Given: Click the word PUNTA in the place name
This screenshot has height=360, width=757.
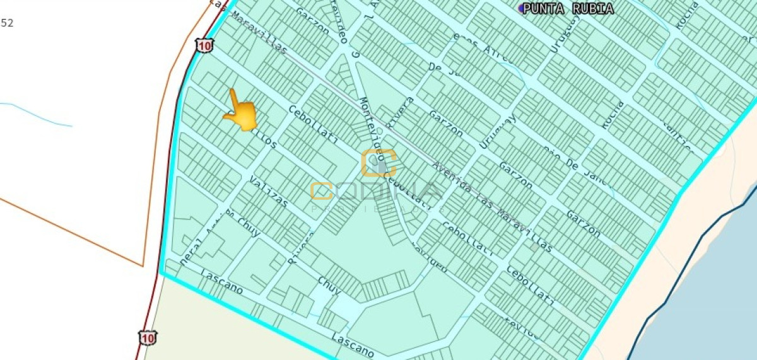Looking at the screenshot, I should point(543,8).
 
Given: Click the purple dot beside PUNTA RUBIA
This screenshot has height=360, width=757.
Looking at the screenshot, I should point(521,8).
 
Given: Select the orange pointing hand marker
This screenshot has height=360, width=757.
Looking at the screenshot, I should point(240,112).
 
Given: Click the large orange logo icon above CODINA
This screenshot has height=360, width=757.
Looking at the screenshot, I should point(378,163).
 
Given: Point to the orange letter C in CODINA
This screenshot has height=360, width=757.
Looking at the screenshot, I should point(322,191).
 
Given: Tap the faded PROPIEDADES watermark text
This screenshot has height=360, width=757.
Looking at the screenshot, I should point(377,208).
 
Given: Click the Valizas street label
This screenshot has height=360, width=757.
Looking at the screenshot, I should point(268,192).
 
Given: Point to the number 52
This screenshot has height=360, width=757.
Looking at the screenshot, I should point(7,23).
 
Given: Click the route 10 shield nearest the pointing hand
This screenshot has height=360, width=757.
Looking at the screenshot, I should point(204,45).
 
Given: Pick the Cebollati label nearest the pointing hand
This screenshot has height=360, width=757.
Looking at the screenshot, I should point(313,124).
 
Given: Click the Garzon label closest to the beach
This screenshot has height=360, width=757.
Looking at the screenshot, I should point(583,223).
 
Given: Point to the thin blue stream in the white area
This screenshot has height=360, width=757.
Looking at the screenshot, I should point(38,113).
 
